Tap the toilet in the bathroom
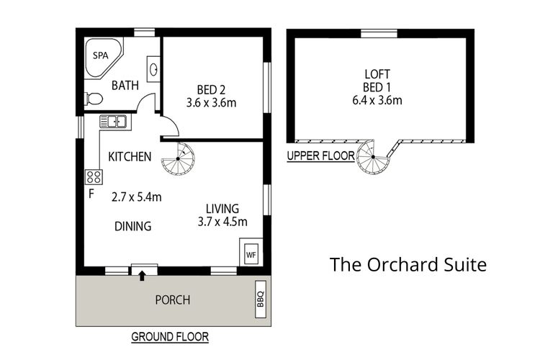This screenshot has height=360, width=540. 92,99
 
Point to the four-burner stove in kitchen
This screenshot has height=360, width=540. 94,176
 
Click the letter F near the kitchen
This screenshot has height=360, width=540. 91,194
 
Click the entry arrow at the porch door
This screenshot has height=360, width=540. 143,274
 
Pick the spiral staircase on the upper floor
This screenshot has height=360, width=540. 374,157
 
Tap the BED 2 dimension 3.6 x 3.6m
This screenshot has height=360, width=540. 212,102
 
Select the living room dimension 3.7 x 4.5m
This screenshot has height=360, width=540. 223,221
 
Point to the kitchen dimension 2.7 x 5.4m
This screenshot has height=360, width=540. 135,196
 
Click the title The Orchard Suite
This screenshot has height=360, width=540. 408,264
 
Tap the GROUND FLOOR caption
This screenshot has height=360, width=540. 170,337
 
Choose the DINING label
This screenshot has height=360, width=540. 133,226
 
